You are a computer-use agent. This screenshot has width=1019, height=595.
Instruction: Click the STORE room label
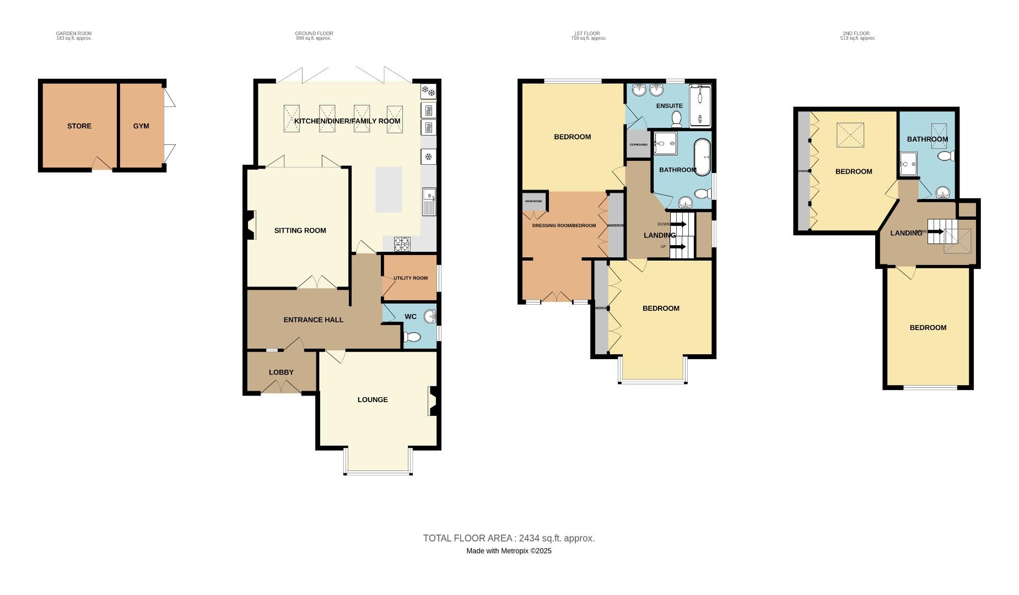click(79, 126)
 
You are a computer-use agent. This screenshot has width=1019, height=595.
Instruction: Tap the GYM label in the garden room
click(141, 126)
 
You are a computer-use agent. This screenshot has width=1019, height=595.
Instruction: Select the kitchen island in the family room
click(389, 190)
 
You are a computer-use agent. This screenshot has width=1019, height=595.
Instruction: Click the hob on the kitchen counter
click(402, 242)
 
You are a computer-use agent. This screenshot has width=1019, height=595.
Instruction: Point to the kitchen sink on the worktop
click(429, 202)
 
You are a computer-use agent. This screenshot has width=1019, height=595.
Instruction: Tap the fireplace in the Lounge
click(433, 401)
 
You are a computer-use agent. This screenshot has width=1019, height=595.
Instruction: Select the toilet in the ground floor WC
click(411, 337)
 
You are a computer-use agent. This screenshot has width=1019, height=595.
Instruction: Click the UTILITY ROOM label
click(411, 278)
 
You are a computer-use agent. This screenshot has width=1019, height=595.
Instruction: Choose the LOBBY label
click(281, 372)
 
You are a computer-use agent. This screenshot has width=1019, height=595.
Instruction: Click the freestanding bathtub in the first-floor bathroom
click(702, 157)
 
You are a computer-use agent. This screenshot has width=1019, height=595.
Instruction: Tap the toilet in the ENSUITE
click(677, 118)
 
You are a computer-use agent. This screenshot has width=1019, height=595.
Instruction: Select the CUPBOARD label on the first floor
click(639, 145)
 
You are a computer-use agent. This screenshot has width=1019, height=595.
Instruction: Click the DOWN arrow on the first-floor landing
click(678, 224)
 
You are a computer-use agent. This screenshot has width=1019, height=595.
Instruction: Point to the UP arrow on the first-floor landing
click(678, 247)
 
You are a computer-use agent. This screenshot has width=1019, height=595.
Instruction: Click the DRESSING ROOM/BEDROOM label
click(564, 225)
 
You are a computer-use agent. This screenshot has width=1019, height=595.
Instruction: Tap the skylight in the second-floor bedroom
click(850, 136)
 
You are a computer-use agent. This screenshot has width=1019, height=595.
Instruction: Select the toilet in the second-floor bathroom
click(947, 156)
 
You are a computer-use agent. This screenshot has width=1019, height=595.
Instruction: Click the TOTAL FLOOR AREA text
click(509, 538)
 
